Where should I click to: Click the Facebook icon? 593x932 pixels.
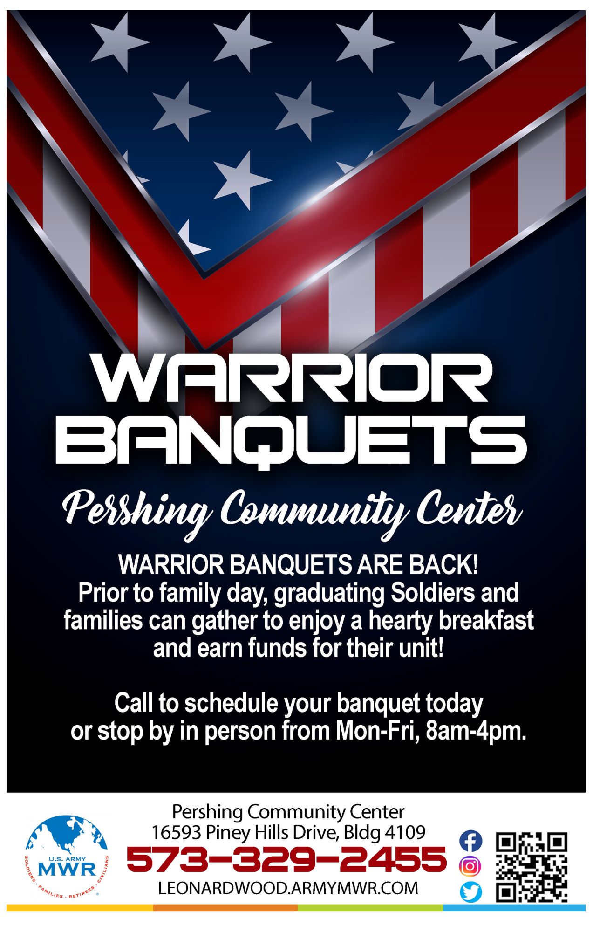click(x=470, y=841)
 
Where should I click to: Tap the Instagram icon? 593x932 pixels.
click(x=470, y=866)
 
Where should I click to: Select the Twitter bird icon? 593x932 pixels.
click(x=470, y=892)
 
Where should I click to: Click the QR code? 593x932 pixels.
click(x=532, y=867)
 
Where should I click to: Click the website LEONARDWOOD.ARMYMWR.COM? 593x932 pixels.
click(x=288, y=888)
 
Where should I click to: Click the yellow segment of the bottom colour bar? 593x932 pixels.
click(x=80, y=908)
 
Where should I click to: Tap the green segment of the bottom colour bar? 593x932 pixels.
click(x=370, y=908)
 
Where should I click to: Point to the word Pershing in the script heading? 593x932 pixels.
click(x=136, y=513)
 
